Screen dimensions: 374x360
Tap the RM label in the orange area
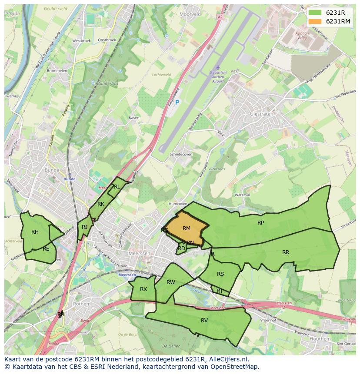tap(187, 228)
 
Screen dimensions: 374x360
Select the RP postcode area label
tap(260, 223)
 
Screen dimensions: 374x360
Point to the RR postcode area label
tap(286, 252)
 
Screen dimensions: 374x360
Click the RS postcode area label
tap(220, 274)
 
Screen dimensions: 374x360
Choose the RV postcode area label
tap(204, 321)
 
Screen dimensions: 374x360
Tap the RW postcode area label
tap(171, 282)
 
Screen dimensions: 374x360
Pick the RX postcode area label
tap(143, 289)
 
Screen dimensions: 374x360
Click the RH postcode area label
tap(35, 232)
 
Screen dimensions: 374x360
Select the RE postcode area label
tap(46, 249)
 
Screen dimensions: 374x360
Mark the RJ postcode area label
tap(85, 227)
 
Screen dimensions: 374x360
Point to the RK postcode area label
tap(101, 204)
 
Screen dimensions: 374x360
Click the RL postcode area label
tap(117, 187)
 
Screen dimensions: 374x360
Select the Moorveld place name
tap(190, 14)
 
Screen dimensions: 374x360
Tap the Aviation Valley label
tap(302, 36)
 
